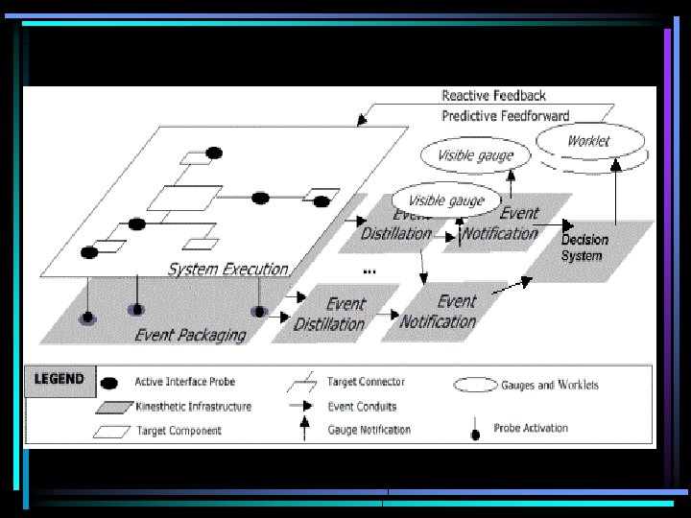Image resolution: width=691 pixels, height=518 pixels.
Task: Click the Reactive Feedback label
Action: [x=493, y=96]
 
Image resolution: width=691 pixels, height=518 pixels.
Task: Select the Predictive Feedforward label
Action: [x=505, y=116]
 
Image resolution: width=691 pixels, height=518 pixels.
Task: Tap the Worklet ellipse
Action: [x=587, y=142]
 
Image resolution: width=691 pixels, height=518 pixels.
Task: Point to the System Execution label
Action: [x=227, y=270]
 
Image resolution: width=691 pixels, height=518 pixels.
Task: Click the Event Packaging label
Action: [x=190, y=335]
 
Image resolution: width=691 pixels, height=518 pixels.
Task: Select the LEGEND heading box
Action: [x=60, y=379]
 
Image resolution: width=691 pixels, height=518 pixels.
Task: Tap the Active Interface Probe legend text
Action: [x=185, y=383]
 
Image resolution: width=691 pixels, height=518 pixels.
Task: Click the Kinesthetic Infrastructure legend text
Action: [x=193, y=407]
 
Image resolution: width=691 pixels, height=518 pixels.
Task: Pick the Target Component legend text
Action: [x=179, y=431]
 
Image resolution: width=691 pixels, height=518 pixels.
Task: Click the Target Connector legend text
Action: [x=366, y=382]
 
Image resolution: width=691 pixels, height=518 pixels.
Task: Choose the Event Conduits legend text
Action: [x=361, y=407]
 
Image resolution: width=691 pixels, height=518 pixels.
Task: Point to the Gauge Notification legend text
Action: [x=369, y=430]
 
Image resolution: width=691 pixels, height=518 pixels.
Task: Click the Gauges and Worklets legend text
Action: [x=549, y=385]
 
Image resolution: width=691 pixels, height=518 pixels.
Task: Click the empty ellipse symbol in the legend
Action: [x=473, y=384]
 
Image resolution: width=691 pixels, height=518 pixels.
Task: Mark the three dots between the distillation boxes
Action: [x=369, y=272]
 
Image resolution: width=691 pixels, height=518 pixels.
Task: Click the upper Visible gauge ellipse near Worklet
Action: [x=475, y=155]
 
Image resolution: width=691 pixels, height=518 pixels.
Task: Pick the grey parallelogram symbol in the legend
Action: [x=111, y=407]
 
